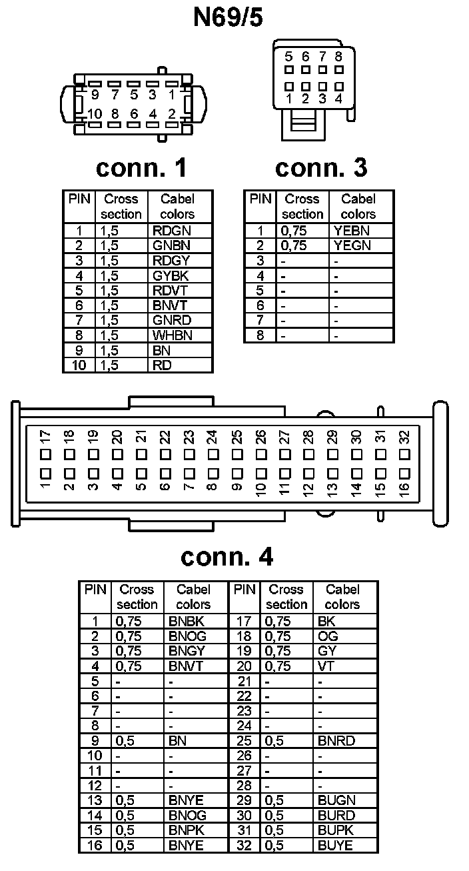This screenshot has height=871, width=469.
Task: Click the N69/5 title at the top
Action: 228,18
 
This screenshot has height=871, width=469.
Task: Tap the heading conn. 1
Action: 141,167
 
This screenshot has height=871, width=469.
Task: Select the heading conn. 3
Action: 321,167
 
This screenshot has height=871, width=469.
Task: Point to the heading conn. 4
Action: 227,556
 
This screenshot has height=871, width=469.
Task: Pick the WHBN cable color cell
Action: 172,335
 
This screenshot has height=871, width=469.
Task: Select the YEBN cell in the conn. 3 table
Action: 352,231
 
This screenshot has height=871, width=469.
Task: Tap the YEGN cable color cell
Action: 352,245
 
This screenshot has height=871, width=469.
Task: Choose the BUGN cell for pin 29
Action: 336,800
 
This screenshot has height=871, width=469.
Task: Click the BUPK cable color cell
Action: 336,830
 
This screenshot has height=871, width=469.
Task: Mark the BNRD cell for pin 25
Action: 336,741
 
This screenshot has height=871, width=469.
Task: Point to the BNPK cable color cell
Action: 187,830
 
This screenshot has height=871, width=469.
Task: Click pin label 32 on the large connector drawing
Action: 404,438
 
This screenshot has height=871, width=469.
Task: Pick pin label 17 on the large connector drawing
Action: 45,438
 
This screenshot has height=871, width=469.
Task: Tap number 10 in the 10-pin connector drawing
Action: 95,114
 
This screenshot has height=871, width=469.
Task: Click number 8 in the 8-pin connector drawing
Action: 339,57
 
